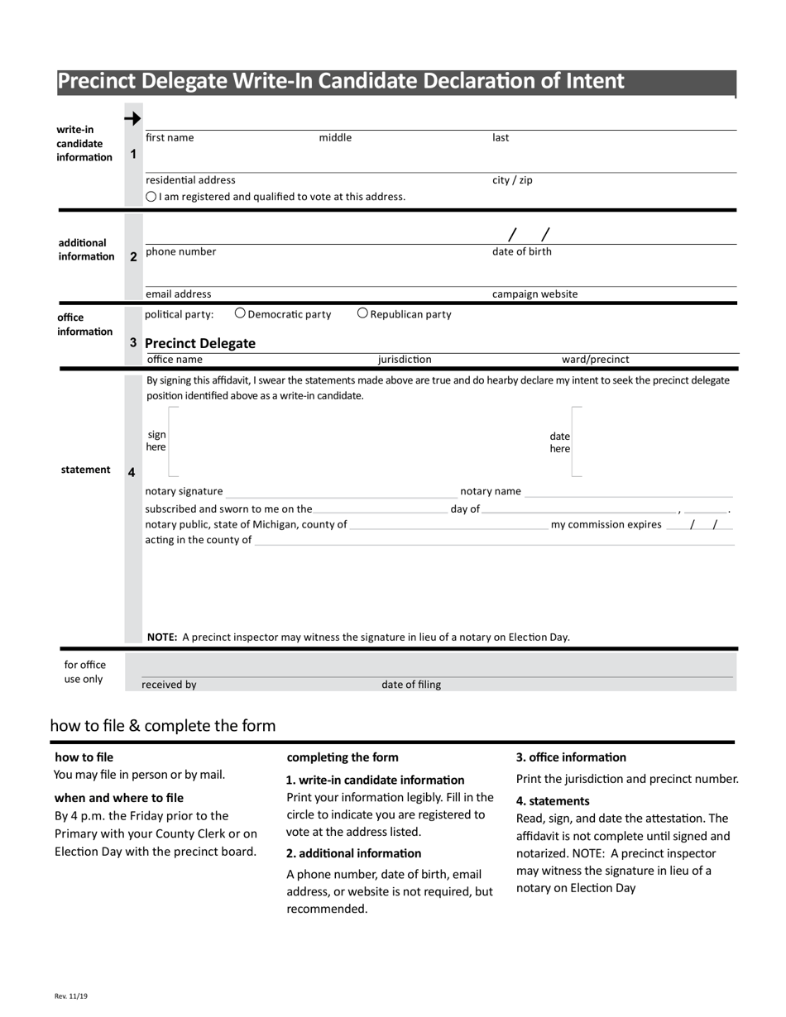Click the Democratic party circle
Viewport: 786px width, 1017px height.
[x=240, y=313]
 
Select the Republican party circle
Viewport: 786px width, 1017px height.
[x=362, y=313]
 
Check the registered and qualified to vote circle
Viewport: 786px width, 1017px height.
[x=151, y=197]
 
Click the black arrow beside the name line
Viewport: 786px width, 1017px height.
[x=132, y=119]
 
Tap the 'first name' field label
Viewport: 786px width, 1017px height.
[x=170, y=138]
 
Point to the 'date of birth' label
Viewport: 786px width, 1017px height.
[x=521, y=252]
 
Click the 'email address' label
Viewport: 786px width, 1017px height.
[x=178, y=294]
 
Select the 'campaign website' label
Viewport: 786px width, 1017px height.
[x=534, y=294]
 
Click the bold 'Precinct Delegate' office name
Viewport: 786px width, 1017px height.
[x=200, y=343]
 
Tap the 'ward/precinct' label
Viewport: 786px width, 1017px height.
[x=595, y=360]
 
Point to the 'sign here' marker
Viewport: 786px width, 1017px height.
[x=156, y=441]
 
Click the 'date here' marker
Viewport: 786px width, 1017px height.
[x=559, y=442]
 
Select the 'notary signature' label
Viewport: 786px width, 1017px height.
[x=184, y=491]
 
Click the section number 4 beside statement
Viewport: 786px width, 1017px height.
[x=132, y=472]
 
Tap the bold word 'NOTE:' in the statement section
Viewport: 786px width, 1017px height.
[x=162, y=637]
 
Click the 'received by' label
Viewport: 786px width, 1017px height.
[x=169, y=685]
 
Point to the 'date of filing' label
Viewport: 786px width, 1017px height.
[x=411, y=685]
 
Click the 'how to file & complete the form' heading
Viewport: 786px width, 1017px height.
[x=163, y=726]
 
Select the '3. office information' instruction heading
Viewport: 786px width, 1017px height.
[x=571, y=757]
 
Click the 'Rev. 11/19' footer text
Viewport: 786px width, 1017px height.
[x=71, y=996]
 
